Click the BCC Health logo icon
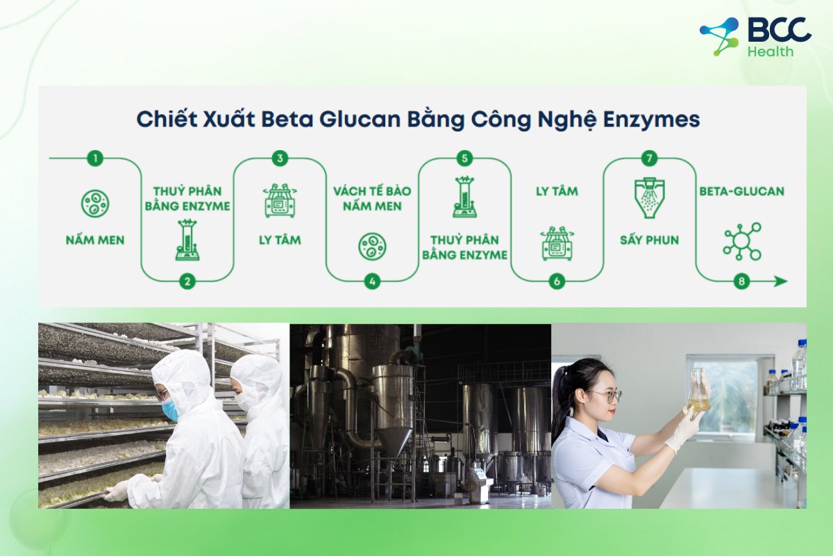719,36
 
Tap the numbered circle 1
95,158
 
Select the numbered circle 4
372,281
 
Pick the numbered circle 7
649,158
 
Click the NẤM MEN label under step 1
95,240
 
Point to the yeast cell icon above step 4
372,246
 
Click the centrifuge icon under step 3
280,201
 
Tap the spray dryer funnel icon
649,198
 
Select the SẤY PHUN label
649,240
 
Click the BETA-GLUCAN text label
741,190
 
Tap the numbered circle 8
741,281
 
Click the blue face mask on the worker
170,410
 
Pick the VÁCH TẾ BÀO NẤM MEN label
372,198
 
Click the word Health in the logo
771,51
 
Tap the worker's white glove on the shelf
117,491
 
